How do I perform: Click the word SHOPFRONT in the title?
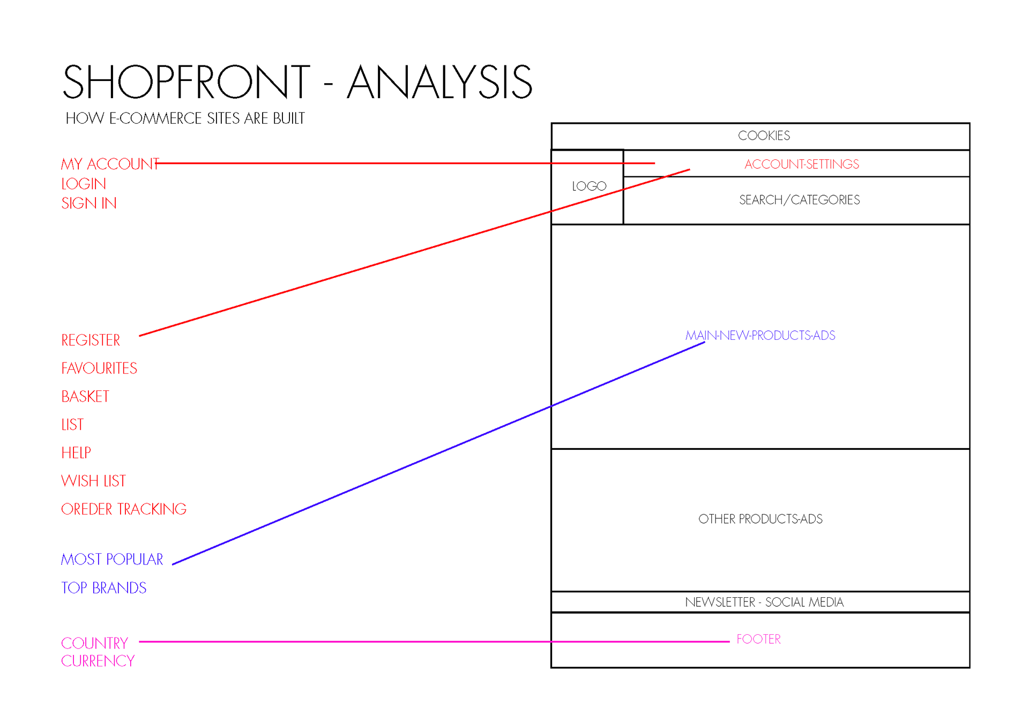pos(187,81)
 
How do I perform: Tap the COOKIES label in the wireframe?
pos(764,136)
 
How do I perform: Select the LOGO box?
pos(588,186)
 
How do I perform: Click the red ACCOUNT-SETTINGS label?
pos(801,164)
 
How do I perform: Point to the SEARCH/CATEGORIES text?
pos(799,200)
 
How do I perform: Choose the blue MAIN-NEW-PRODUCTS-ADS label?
pos(760,336)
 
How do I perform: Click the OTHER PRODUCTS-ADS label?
pos(760,519)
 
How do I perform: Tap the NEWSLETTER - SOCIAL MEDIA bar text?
pos(764,602)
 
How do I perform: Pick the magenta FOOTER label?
pos(758,639)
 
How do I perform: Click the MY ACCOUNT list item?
pos(109,164)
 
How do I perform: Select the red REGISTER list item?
pos(91,340)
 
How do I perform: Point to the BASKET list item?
pos(85,397)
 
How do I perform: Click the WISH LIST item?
pos(93,481)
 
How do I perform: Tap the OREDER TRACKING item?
pos(124,509)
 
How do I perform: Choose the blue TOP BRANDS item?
pos(103,588)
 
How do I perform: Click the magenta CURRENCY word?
pos(98,661)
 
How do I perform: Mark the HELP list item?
pos(76,453)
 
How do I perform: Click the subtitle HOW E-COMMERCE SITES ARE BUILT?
pos(185,118)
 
